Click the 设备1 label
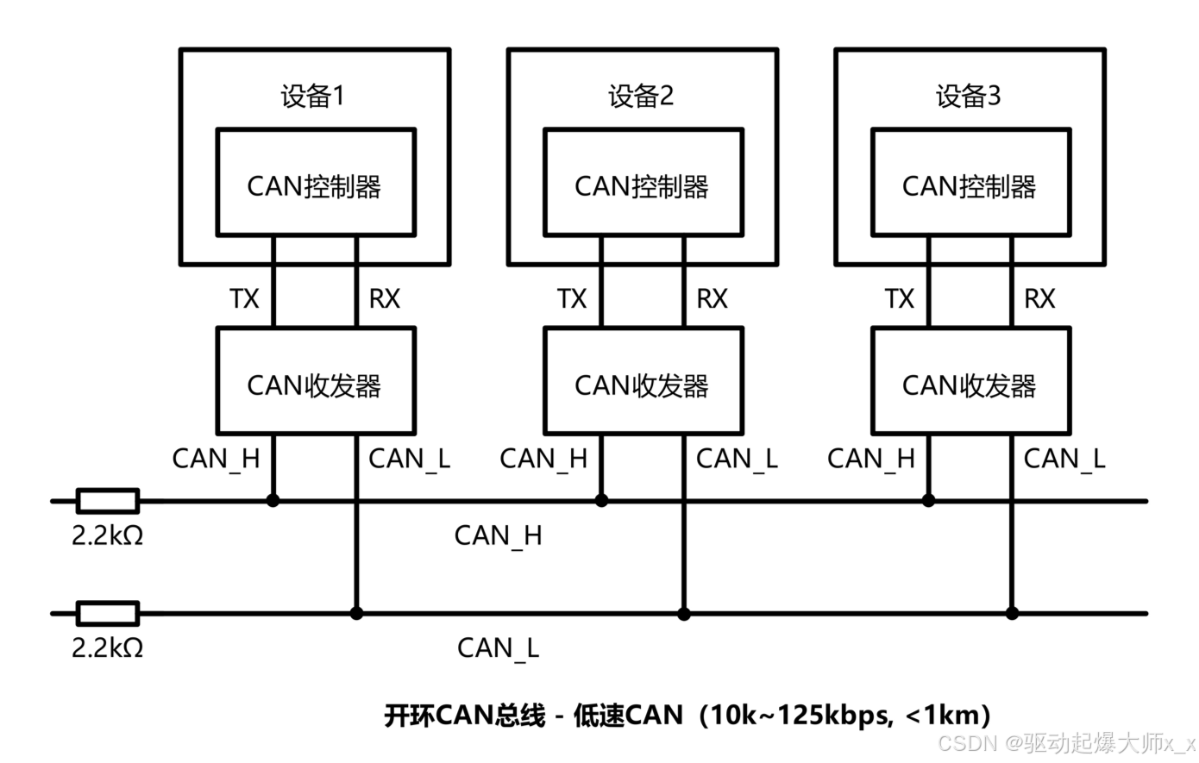312,96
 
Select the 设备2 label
641,96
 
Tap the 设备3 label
969,96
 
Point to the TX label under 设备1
244,299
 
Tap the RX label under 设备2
712,299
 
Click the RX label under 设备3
1039,299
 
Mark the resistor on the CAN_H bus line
108,500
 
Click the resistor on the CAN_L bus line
108,613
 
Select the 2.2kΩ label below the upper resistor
107,535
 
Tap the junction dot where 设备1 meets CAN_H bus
273,500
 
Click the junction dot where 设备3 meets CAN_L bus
1012,613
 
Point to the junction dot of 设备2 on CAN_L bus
684,614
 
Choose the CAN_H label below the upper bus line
498,536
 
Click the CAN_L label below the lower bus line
498,648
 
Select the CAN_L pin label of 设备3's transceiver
1064,459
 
